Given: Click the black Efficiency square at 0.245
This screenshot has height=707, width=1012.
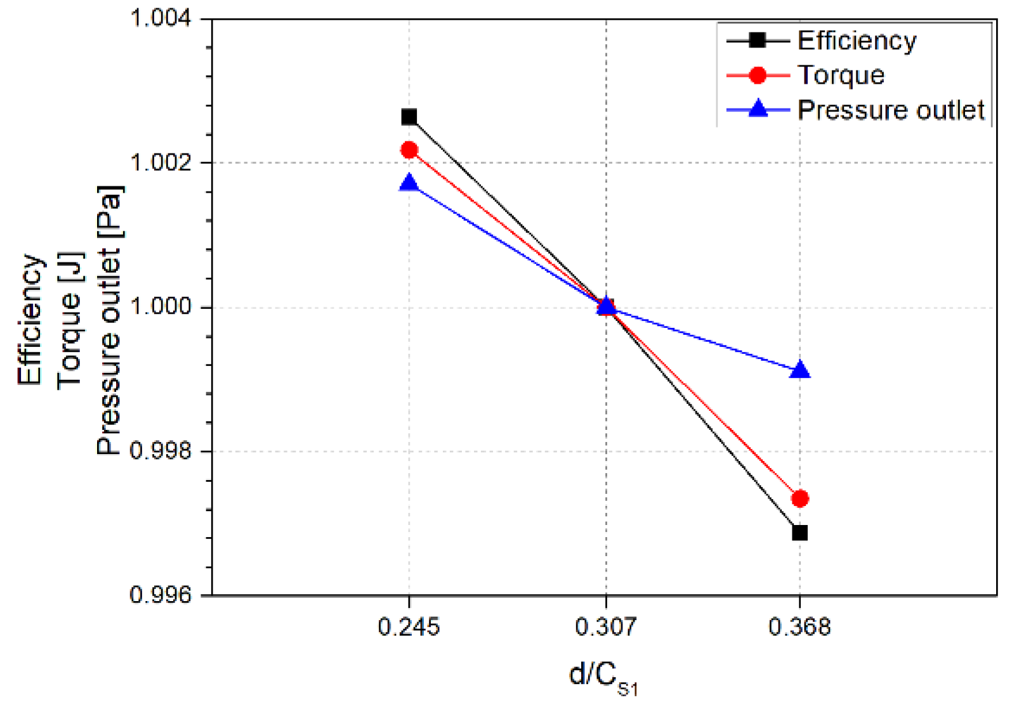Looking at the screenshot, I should (409, 117).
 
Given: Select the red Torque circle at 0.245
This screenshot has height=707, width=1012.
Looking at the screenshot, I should (409, 150).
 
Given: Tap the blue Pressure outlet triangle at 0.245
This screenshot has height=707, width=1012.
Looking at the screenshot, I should (409, 183).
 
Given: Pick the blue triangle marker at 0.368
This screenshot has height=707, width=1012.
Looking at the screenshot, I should (800, 370).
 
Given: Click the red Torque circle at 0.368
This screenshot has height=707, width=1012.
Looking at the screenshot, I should (800, 498).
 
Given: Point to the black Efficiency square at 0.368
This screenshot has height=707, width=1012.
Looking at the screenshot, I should (800, 533).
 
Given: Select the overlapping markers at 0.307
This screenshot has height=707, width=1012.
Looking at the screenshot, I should (607, 307).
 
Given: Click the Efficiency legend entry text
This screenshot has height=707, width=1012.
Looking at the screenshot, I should (857, 41).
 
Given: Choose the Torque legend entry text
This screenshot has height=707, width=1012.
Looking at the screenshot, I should (841, 75).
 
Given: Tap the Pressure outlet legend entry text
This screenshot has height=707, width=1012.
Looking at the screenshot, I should (890, 110).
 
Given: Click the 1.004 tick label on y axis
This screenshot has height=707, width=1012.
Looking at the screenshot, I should (161, 18).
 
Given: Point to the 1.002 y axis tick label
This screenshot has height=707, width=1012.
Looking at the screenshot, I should (161, 162).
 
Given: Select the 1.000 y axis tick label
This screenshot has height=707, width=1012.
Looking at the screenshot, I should (161, 306).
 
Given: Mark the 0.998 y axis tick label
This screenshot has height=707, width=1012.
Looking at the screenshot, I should (161, 451).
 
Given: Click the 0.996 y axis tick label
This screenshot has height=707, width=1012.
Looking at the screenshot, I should (161, 595).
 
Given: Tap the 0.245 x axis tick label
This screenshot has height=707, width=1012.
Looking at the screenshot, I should (409, 627).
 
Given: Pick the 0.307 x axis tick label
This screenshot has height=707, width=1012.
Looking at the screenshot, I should (606, 627).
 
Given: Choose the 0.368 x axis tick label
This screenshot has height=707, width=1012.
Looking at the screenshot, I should (799, 627).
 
